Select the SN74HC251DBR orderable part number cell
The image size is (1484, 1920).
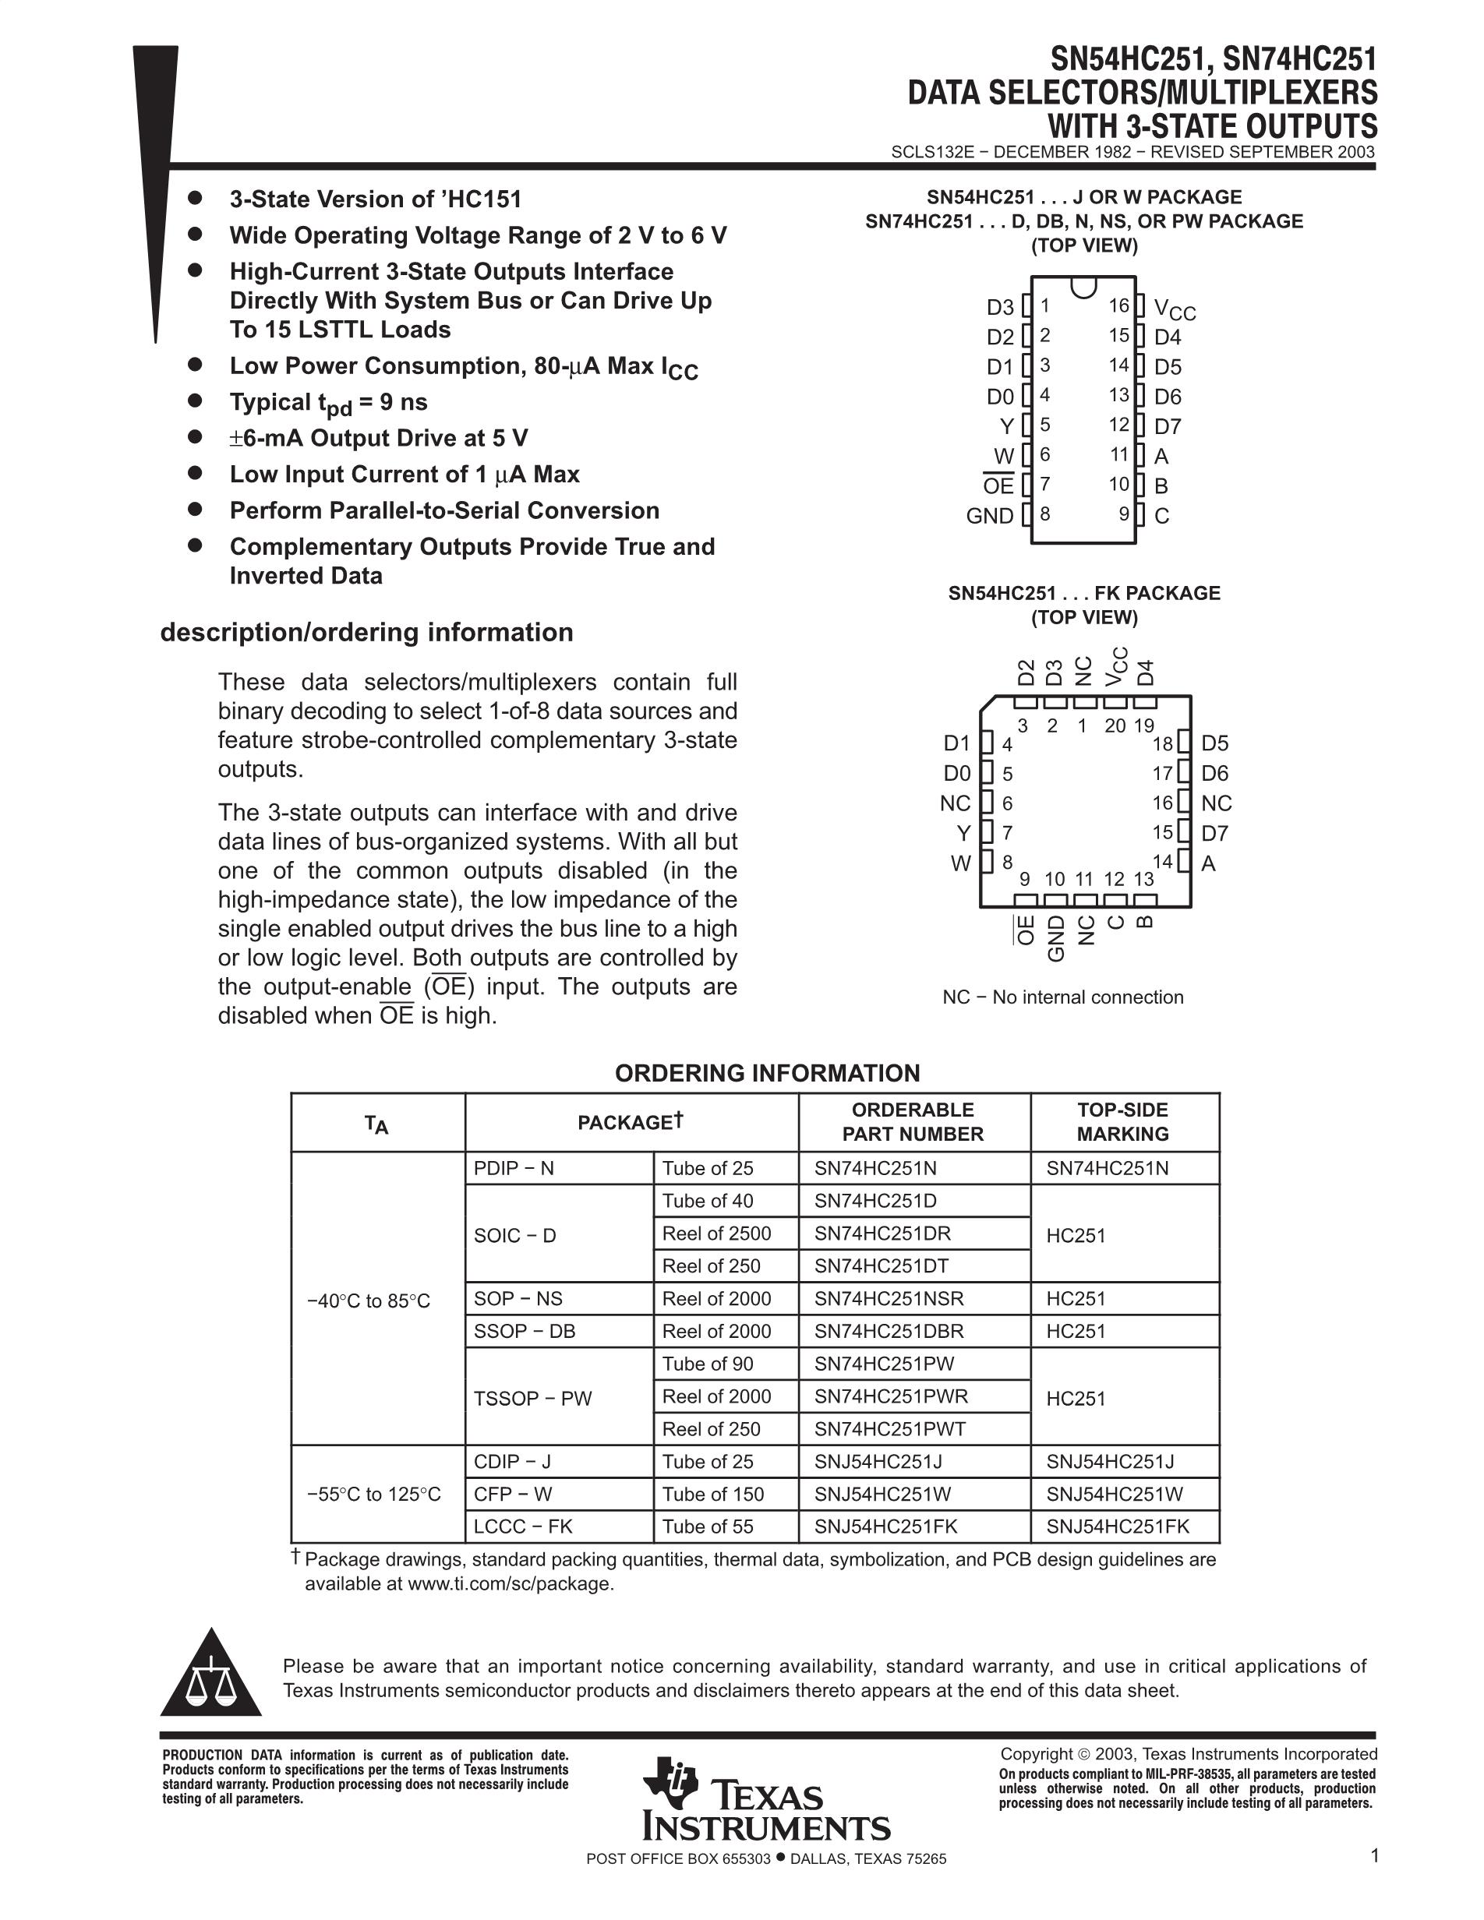[x=889, y=1331]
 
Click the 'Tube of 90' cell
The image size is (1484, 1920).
[x=708, y=1364]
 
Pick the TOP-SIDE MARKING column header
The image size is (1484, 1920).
[x=1122, y=1122]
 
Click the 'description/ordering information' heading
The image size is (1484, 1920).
[x=366, y=632]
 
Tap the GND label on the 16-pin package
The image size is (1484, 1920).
[x=990, y=516]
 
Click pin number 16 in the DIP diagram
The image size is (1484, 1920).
[x=1118, y=306]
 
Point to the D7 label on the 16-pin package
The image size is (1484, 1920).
[x=1168, y=426]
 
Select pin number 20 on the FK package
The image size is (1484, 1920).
[x=1115, y=726]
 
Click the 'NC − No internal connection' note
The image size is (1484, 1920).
[x=1063, y=997]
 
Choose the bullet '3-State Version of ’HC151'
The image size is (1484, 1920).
[x=376, y=199]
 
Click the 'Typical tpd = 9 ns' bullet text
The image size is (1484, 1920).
[x=328, y=403]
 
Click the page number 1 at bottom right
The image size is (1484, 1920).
[x=1374, y=1855]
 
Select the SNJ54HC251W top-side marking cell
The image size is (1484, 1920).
[x=1114, y=1494]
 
